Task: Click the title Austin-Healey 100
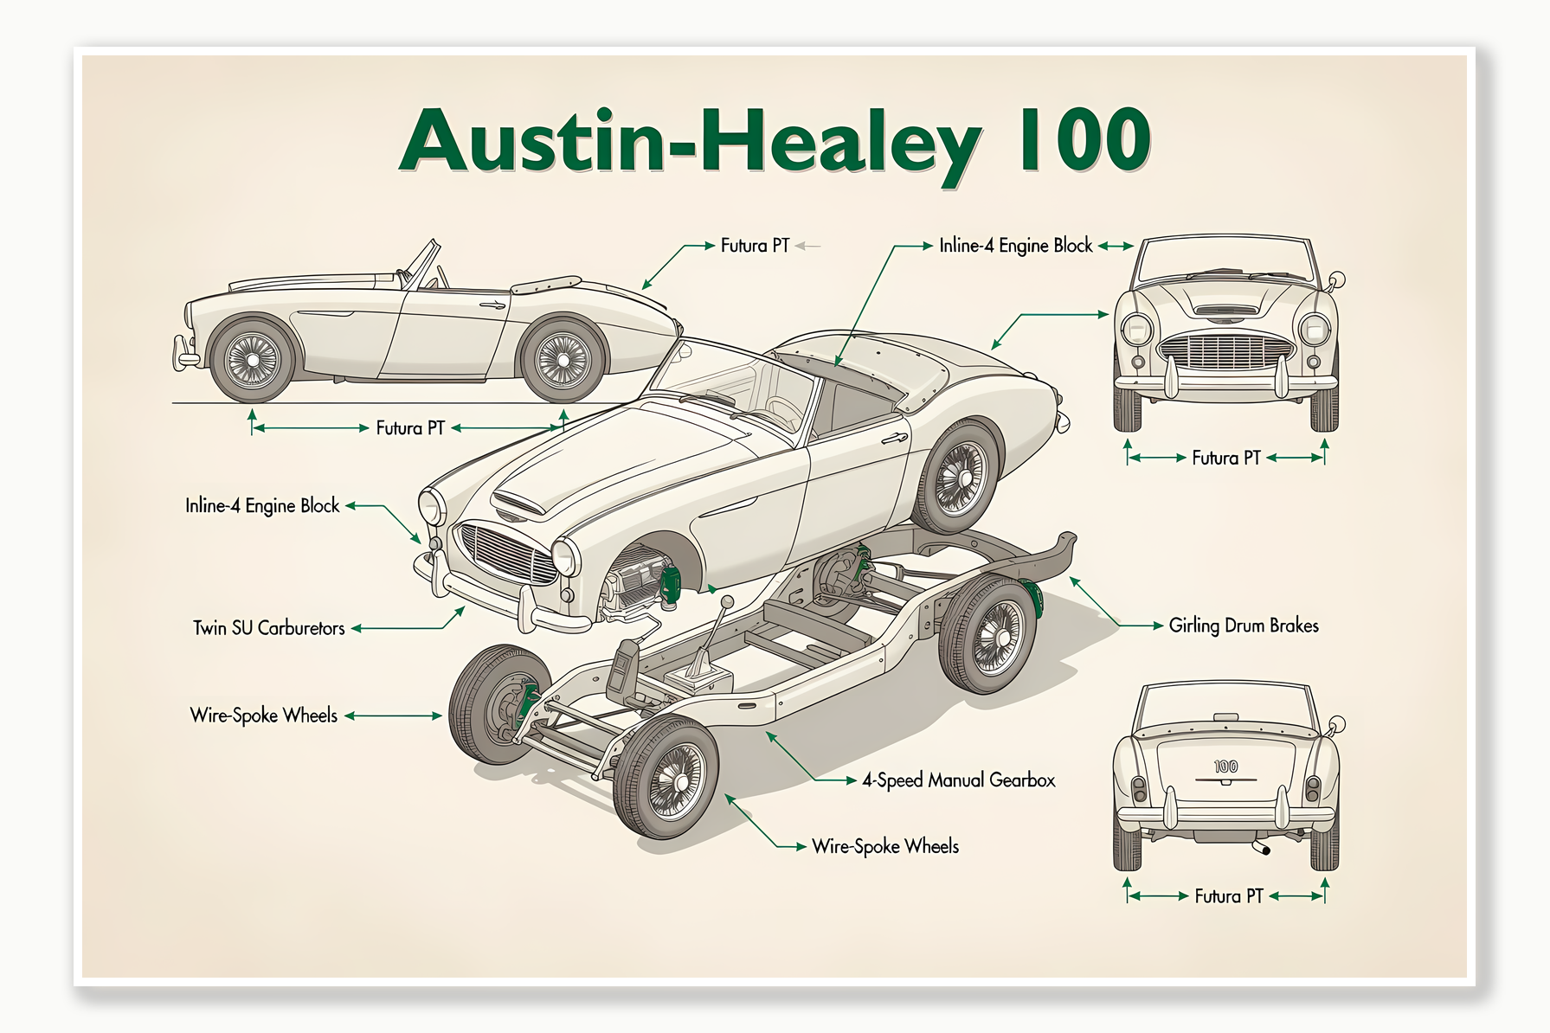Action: pyautogui.click(x=775, y=141)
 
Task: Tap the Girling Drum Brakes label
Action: pyautogui.click(x=1243, y=626)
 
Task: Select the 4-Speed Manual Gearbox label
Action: pyautogui.click(x=958, y=780)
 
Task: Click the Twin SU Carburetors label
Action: pyautogui.click(x=268, y=628)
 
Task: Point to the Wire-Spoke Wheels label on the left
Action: pyautogui.click(x=263, y=715)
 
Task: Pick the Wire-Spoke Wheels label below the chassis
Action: pyautogui.click(x=884, y=846)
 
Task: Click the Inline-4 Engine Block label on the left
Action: pyautogui.click(x=261, y=505)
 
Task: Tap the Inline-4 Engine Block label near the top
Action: pyautogui.click(x=1015, y=246)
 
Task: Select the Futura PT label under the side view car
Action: pyautogui.click(x=409, y=428)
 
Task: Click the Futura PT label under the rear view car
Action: pyautogui.click(x=1228, y=896)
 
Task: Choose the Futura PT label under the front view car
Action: pyautogui.click(x=1225, y=458)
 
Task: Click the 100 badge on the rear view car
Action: pyautogui.click(x=1225, y=767)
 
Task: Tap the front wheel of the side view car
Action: pyautogui.click(x=252, y=360)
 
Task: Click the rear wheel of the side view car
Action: pyautogui.click(x=563, y=360)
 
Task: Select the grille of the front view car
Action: pyautogui.click(x=1225, y=351)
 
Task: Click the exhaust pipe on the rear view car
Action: pyautogui.click(x=1263, y=848)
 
